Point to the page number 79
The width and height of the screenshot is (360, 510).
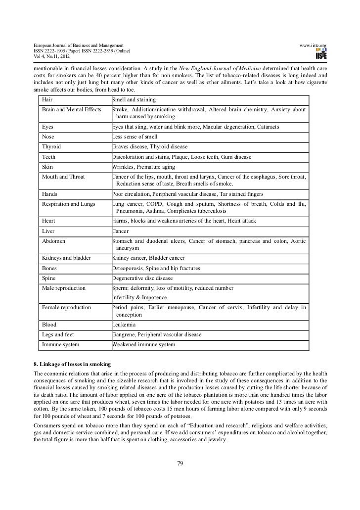click(x=180, y=463)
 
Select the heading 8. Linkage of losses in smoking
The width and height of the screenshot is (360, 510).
click(x=69, y=364)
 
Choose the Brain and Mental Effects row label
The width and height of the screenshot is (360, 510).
click(x=72, y=109)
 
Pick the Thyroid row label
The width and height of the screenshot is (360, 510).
click(x=52, y=147)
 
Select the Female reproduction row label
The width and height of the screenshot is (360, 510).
click(x=67, y=307)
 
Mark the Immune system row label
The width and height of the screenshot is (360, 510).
click(x=61, y=344)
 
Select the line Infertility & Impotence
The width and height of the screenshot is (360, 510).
click(x=139, y=297)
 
